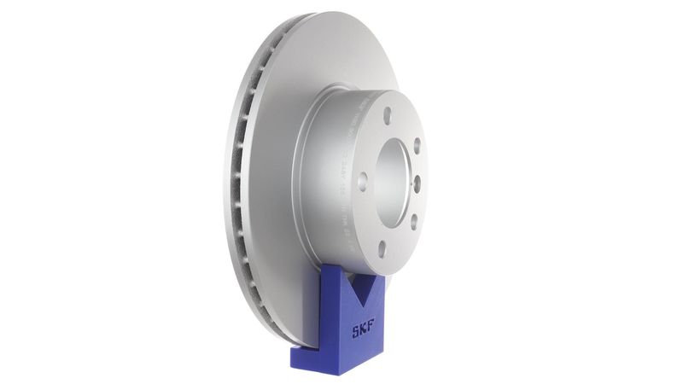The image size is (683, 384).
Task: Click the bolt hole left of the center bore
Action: pyautogui.click(x=363, y=180)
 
